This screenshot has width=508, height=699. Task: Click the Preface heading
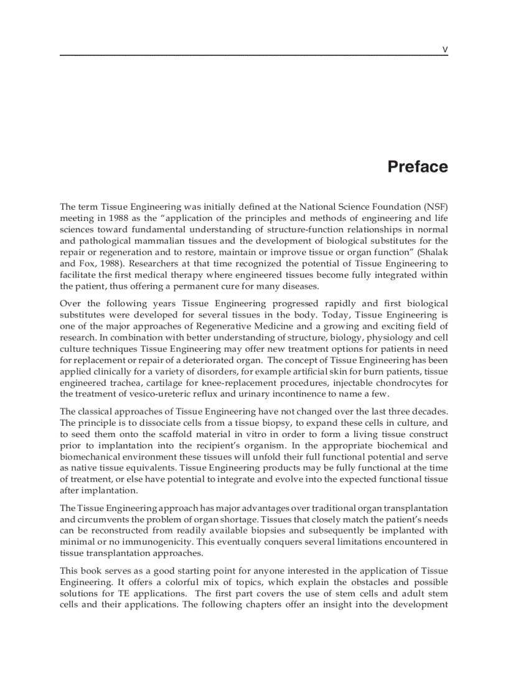click(417, 167)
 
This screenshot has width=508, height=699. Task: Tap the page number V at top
click(444, 50)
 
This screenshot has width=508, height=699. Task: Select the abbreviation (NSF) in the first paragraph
click(435, 207)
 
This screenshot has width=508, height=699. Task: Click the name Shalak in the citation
click(433, 252)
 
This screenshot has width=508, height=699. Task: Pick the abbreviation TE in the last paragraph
click(125, 593)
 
